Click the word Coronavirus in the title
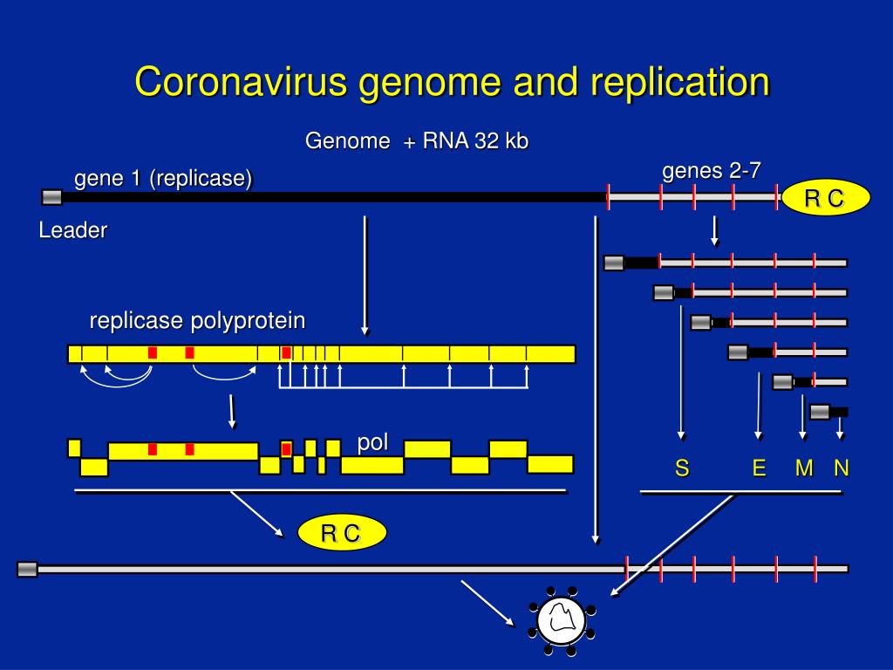pos(241,82)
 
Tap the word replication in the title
pos(679,82)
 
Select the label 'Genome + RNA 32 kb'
pos(416,141)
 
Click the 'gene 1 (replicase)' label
pos(163,179)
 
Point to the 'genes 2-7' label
pos(711,170)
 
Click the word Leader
pos(73,231)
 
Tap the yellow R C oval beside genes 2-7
pos(824,199)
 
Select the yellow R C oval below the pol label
pos(340,533)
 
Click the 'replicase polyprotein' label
pos(197,321)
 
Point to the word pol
pos(372,442)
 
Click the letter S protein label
pos(682,469)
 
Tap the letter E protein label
pos(759,469)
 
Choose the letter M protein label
pos(804,469)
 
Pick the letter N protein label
pos(841,469)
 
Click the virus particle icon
pos(561,621)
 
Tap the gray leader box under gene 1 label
pos(52,197)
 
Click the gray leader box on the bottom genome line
pos(28,570)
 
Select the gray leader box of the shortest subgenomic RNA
pos(820,412)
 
